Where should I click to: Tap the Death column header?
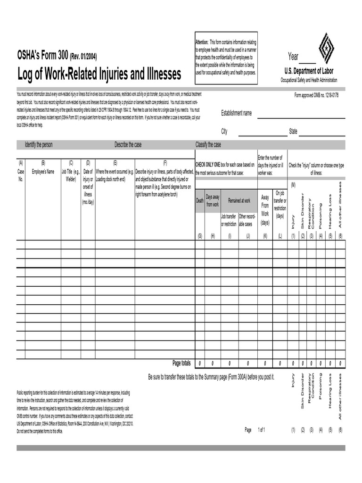pos(200,200)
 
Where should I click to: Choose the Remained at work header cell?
pos(239,200)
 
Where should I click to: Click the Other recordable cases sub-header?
pos(247,220)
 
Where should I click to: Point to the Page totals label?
pos(181,363)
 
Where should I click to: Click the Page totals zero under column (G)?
pos(200,364)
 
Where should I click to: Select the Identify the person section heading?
pos(39,145)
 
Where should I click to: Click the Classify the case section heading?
pos(208,145)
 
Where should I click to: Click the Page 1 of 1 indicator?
pos(255,430)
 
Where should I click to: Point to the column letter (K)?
pos(265,236)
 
